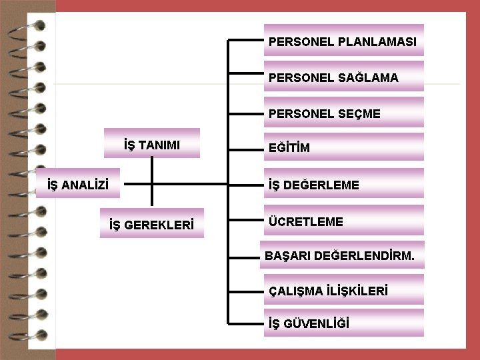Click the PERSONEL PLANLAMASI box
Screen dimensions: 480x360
(x=343, y=41)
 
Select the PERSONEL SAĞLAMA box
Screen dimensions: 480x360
(x=343, y=77)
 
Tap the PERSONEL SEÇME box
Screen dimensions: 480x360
(x=343, y=113)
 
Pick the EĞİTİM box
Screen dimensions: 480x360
(x=343, y=147)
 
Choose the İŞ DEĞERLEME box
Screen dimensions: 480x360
(x=343, y=184)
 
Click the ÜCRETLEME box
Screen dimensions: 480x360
(x=343, y=221)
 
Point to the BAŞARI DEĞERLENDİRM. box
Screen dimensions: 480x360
(x=342, y=255)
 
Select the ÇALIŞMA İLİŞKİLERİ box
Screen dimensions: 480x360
(x=343, y=290)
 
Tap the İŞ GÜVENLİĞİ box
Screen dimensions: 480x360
(x=343, y=323)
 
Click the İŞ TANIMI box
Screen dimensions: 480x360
(x=153, y=143)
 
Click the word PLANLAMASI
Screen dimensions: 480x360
(x=377, y=42)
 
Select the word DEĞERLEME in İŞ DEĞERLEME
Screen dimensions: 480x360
(x=323, y=185)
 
